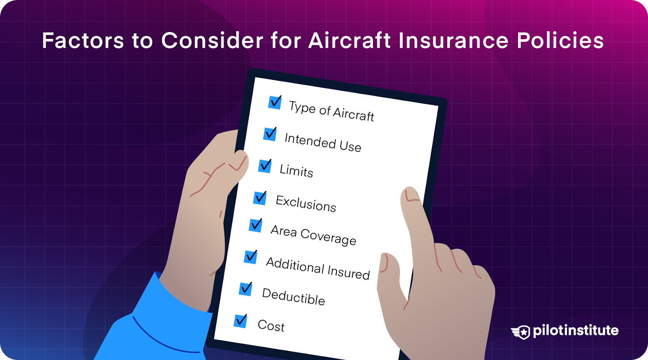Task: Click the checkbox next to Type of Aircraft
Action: [x=275, y=102]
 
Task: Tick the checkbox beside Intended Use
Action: [x=270, y=134]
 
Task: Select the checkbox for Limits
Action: [x=265, y=166]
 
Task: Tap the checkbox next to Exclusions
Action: [x=260, y=198]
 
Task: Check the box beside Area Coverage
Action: [x=255, y=226]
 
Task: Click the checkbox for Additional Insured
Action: [x=250, y=257]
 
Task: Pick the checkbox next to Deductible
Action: [x=245, y=289]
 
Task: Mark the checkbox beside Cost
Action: [x=240, y=321]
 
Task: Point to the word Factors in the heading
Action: [x=83, y=40]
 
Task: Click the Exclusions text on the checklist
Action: [x=306, y=203]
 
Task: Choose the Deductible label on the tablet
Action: [x=293, y=296]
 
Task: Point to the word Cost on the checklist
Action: [x=271, y=326]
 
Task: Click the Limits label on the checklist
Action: [x=296, y=171]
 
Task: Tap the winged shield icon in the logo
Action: [x=521, y=332]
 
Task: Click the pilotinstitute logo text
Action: [x=576, y=330]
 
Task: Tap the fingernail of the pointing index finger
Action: [x=411, y=195]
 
